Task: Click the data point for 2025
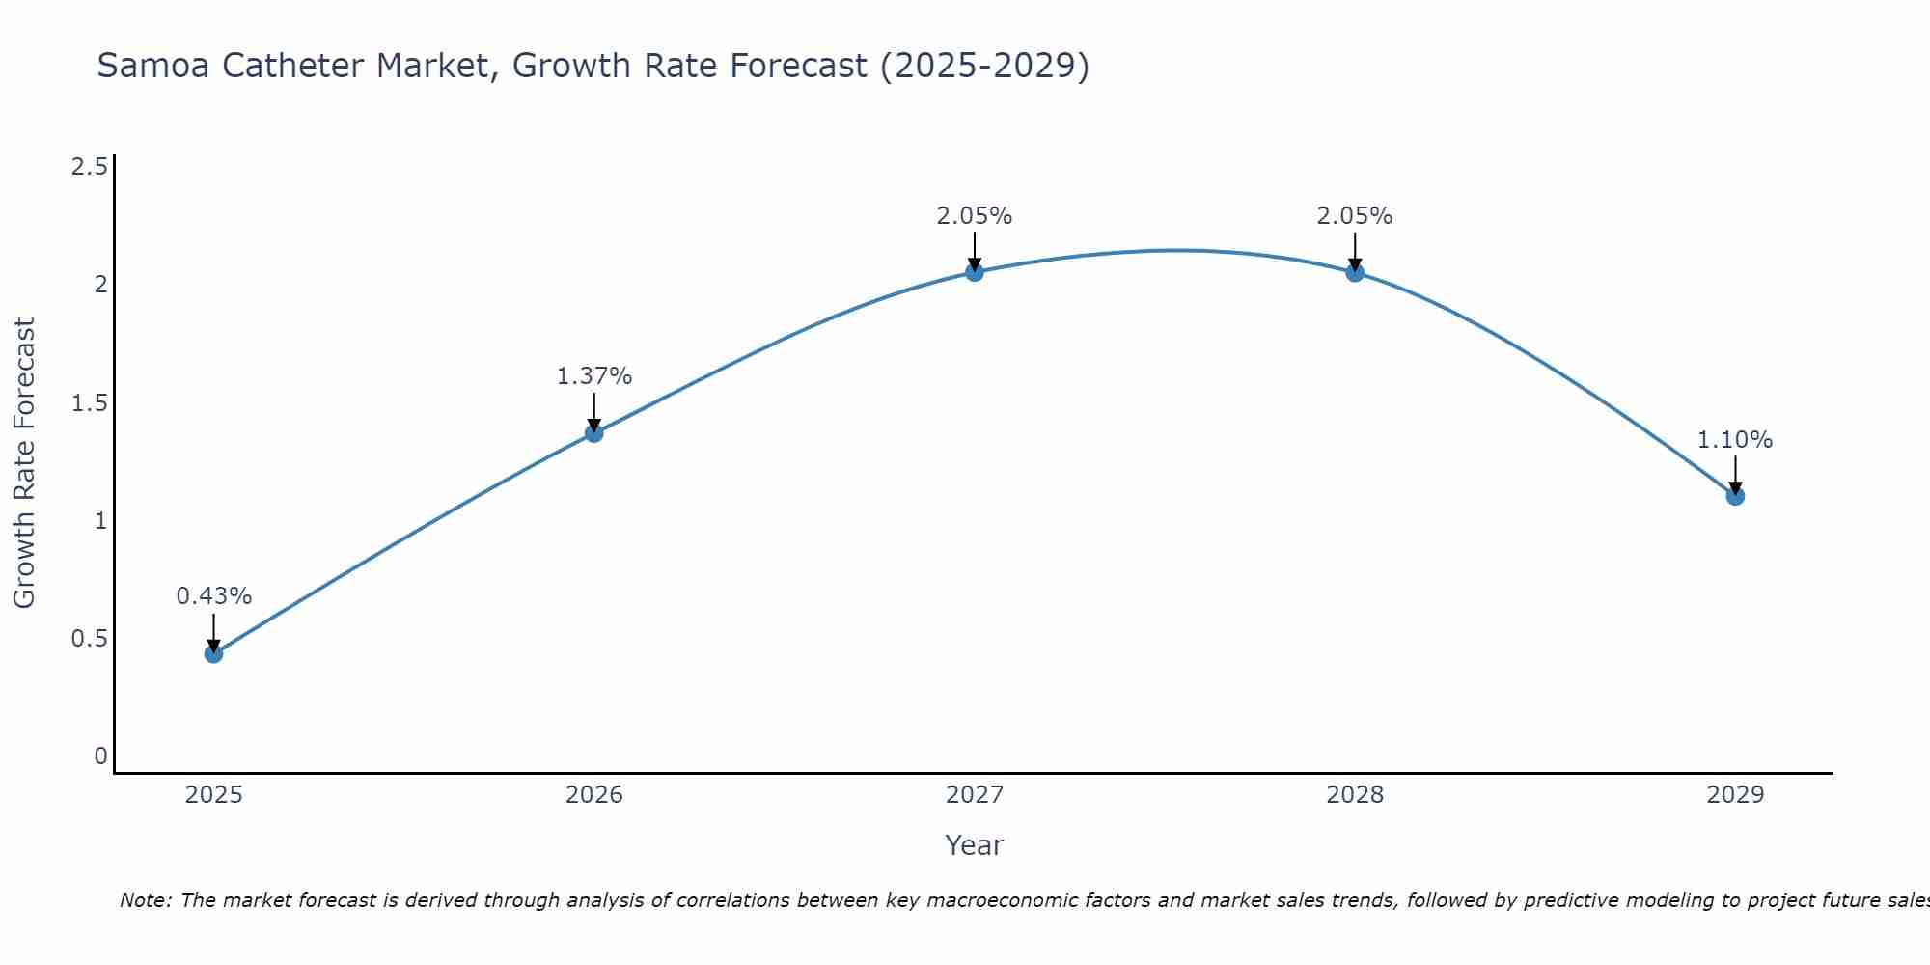[x=213, y=653]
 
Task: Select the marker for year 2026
[x=593, y=433]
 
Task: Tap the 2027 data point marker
[x=974, y=272]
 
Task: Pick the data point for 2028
[x=1354, y=272]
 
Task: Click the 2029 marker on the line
[x=1734, y=496]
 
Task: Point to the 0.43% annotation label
[x=213, y=596]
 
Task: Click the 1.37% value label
[x=593, y=376]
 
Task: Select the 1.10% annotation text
[x=1734, y=440]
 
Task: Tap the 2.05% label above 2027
[x=974, y=216]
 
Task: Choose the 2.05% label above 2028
[x=1354, y=216]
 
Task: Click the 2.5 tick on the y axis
[x=89, y=167]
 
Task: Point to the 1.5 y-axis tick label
[x=89, y=403]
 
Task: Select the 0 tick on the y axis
[x=100, y=757]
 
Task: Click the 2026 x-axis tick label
[x=593, y=795]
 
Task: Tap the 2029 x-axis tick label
[x=1734, y=795]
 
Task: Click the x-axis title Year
[x=974, y=845]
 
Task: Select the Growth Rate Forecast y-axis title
[x=24, y=462]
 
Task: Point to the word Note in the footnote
[x=145, y=900]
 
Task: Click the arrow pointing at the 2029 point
[x=1734, y=474]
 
